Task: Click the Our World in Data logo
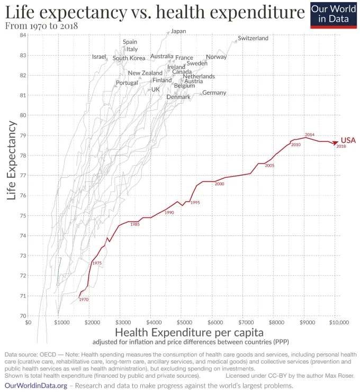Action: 334,15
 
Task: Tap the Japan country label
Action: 178,31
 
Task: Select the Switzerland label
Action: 253,38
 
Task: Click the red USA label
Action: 348,140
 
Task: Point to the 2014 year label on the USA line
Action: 310,135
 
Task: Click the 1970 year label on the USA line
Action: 84,300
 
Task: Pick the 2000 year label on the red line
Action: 220,184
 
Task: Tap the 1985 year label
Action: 135,225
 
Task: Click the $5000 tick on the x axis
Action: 183,322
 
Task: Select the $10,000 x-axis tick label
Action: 337,322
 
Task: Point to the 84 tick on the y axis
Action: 23,35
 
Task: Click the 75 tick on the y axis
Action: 23,216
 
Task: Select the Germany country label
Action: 214,93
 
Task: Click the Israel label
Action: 99,57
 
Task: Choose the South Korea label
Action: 129,58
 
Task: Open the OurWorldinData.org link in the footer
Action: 36,386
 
